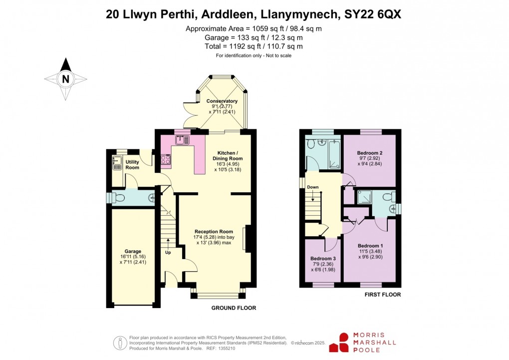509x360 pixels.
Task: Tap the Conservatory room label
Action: coord(222,101)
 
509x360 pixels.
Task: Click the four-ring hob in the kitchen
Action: coord(165,160)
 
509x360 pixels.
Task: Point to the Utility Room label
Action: coord(132,165)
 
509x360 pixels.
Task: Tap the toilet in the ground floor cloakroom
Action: coord(118,198)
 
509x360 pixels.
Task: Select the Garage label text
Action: coord(133,251)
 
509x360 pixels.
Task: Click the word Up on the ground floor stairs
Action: coord(168,253)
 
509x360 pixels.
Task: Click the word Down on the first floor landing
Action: coord(312,188)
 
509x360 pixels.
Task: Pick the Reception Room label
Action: coord(214,231)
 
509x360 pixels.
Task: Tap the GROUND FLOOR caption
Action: coord(234,308)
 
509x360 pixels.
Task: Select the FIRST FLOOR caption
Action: coord(382,295)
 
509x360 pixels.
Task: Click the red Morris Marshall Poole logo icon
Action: coord(343,343)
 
